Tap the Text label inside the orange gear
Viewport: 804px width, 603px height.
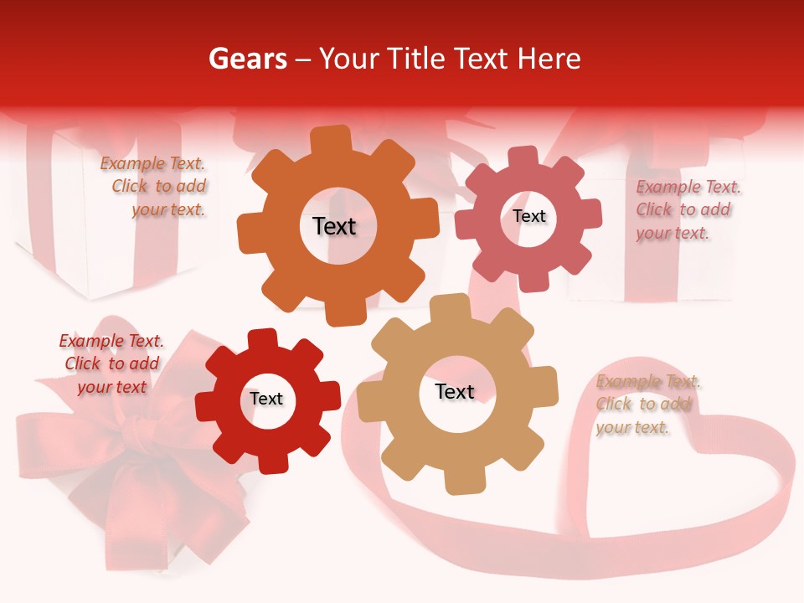point(334,226)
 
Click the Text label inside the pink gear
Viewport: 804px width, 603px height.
point(528,216)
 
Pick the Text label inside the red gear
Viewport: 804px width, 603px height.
point(266,399)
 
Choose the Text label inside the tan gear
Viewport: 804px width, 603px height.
point(455,391)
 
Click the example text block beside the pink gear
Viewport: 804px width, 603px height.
point(687,209)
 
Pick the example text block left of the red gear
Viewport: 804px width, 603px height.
point(111,363)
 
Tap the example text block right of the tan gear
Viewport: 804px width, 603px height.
point(647,405)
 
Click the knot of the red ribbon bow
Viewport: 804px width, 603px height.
point(134,441)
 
